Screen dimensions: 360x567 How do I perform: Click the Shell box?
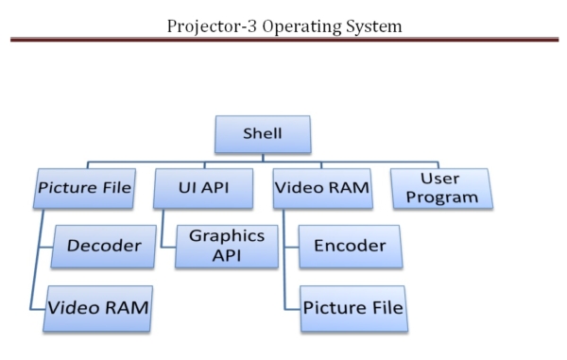pyautogui.click(x=262, y=134)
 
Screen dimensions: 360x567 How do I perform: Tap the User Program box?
pyautogui.click(x=440, y=187)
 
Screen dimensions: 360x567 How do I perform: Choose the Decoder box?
pyautogui.click(x=104, y=246)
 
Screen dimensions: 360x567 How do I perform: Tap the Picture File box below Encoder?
pyautogui.click(x=352, y=308)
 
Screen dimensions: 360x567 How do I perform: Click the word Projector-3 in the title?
pyautogui.click(x=214, y=25)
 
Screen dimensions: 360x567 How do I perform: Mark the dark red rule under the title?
pyautogui.click(x=283, y=40)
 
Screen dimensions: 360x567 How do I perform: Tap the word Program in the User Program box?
pyautogui.click(x=440, y=197)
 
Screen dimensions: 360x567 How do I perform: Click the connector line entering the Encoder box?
pyautogui.click(x=291, y=247)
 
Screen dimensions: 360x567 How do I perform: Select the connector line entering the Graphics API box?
pyautogui.click(x=168, y=247)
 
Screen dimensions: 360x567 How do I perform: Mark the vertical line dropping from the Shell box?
pyautogui.click(x=262, y=158)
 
